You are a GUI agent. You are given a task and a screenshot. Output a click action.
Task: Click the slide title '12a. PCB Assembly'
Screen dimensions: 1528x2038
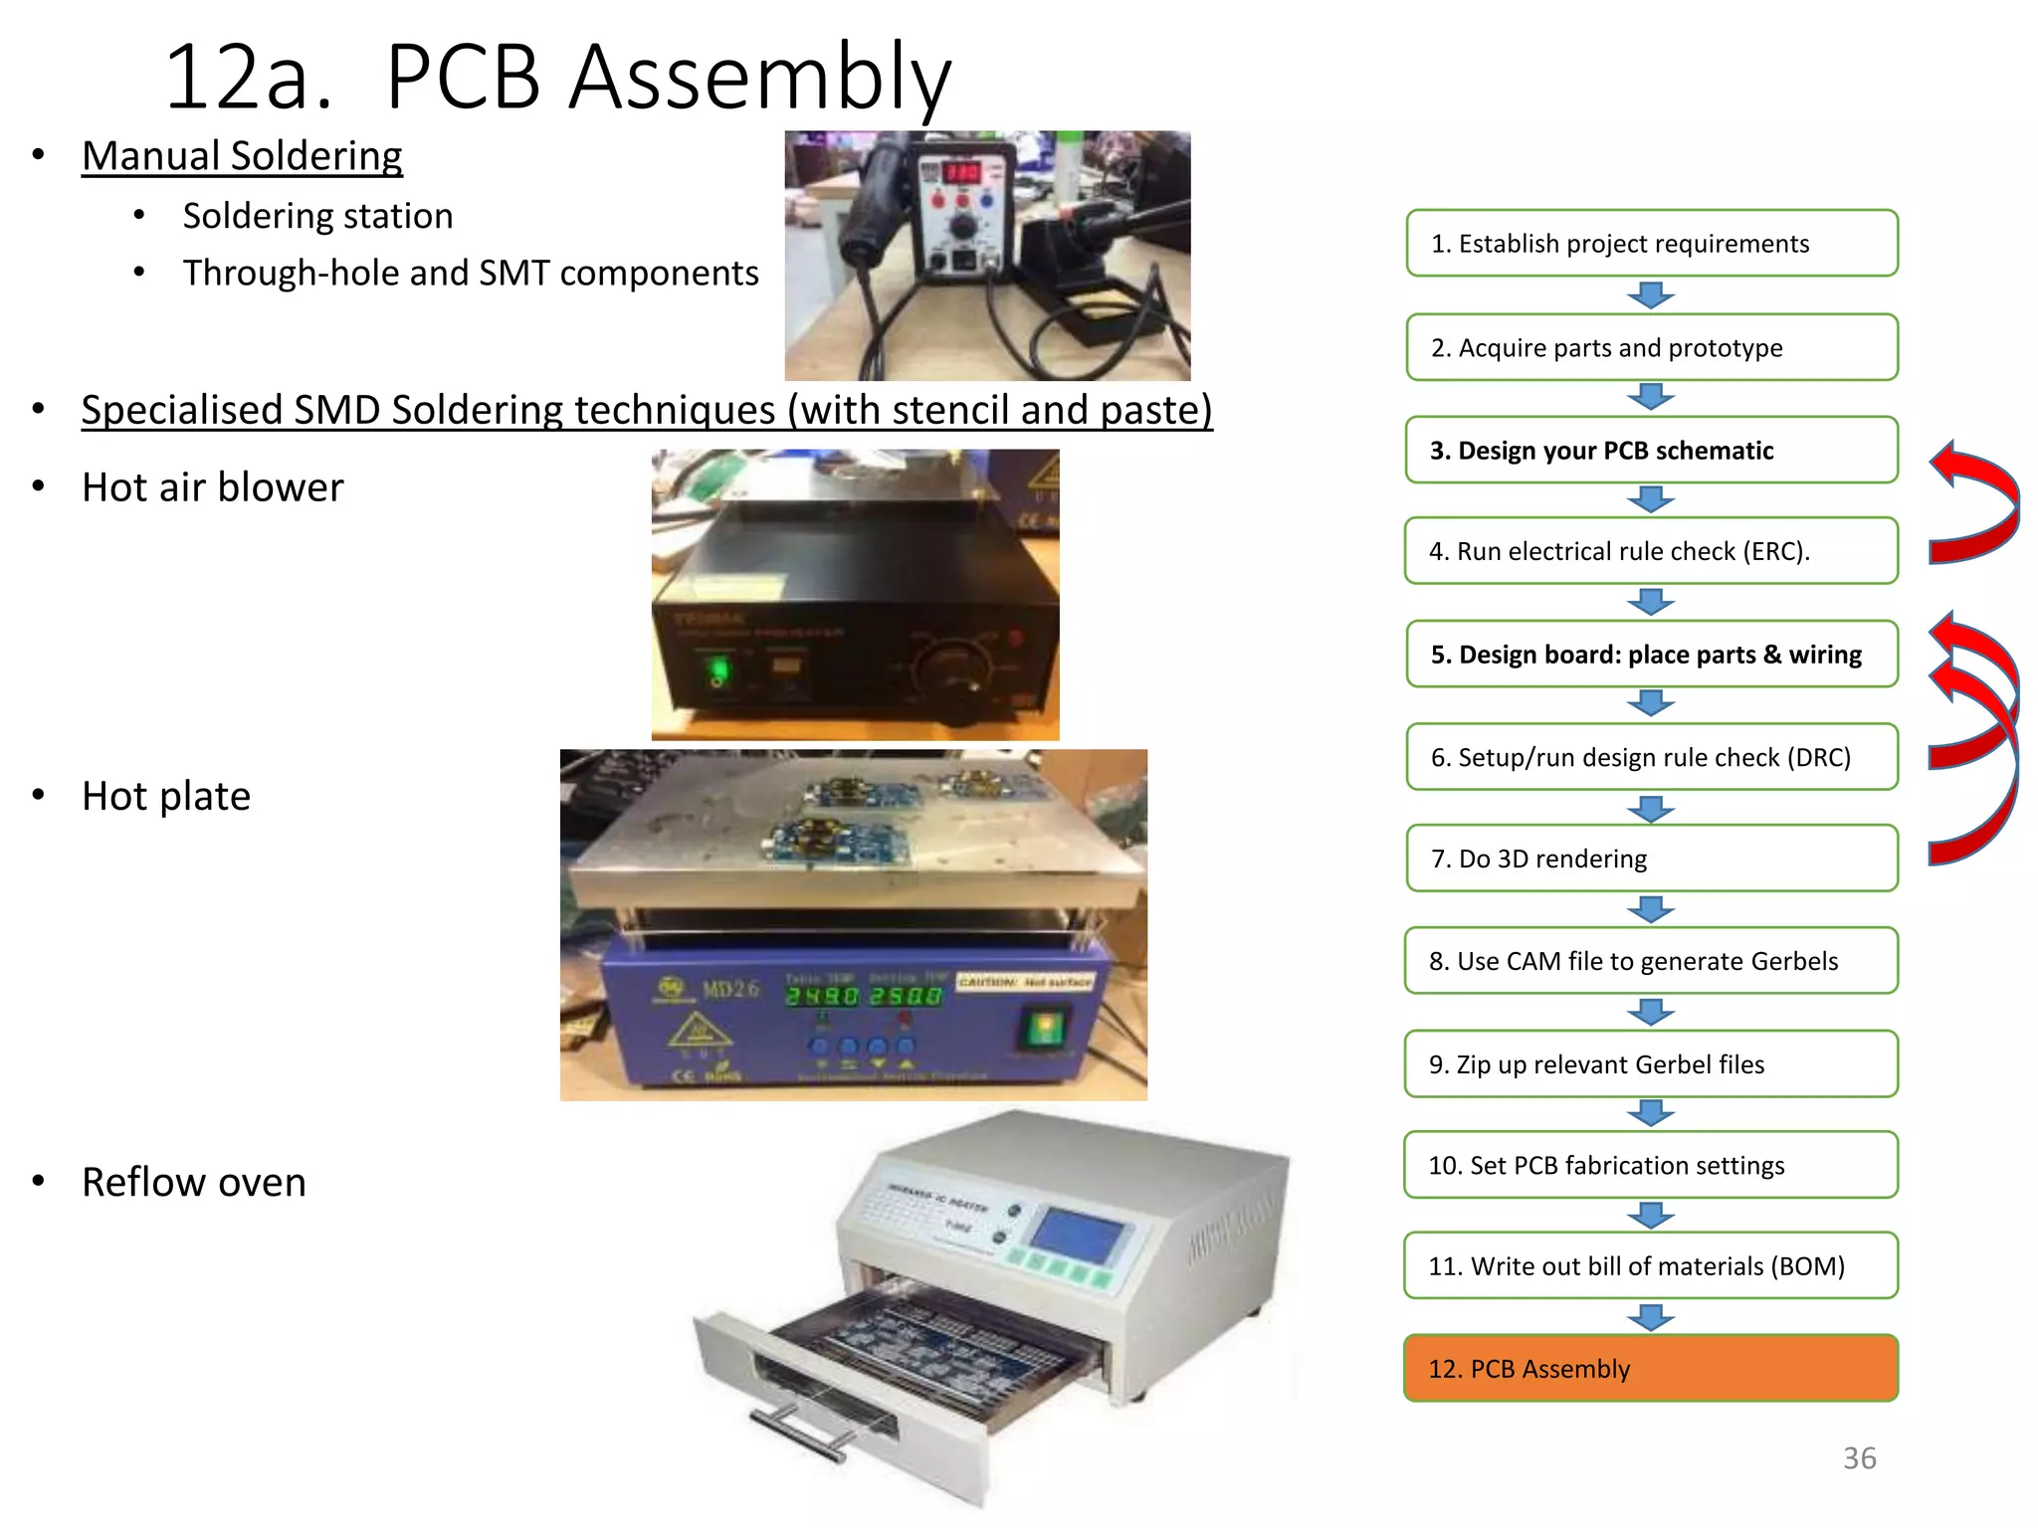(x=557, y=78)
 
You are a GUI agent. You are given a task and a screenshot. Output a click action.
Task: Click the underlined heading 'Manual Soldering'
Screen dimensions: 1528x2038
(x=242, y=156)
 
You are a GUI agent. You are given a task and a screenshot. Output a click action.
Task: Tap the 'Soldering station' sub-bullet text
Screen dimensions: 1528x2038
(x=317, y=216)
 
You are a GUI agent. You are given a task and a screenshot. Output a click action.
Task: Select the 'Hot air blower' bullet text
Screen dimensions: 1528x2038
(x=212, y=487)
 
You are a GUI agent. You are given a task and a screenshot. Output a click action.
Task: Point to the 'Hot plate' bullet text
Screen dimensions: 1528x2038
(x=166, y=796)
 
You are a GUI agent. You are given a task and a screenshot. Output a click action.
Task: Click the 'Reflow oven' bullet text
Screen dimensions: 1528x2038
(x=194, y=1182)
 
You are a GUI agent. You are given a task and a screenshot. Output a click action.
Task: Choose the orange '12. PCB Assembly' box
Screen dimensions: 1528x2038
(x=1650, y=1369)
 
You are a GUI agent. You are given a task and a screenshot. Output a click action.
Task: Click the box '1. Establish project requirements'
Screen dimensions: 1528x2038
(x=1651, y=244)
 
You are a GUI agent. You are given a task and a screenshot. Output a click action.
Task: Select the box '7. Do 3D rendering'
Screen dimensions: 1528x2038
(x=1651, y=859)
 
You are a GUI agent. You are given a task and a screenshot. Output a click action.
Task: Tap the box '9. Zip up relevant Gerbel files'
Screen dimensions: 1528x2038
(x=1651, y=1064)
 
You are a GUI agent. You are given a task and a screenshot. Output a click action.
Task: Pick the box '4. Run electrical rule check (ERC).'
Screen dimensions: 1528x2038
(x=1651, y=551)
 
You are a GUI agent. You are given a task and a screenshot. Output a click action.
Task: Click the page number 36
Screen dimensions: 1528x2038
(x=1859, y=1458)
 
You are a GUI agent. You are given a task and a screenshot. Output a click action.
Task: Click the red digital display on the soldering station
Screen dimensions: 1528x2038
(x=961, y=172)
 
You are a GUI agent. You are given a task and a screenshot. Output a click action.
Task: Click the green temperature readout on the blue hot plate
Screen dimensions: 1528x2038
(x=863, y=996)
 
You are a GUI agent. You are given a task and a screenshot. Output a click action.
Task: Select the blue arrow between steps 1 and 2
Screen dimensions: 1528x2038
(x=1651, y=295)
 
